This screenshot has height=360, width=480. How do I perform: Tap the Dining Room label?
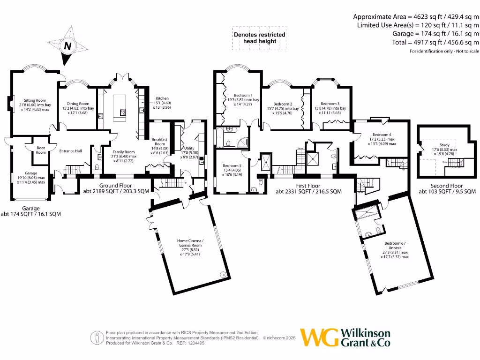coord(78,104)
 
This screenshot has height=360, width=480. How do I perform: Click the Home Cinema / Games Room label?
coord(189,242)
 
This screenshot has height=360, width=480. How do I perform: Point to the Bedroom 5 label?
coord(232,165)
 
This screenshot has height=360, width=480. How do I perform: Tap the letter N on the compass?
coord(68,46)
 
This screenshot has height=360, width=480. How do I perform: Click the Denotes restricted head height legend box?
coord(259,38)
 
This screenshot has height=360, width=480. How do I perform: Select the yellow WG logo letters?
coord(319,337)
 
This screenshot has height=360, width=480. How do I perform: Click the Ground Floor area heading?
coord(115,186)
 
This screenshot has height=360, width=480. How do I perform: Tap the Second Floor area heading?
coord(447,186)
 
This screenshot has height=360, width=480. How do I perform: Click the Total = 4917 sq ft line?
coord(435,42)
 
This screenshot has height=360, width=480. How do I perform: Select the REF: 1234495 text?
coord(189,343)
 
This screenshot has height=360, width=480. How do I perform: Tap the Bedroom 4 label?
coord(375,135)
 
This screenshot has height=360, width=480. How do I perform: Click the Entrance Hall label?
coord(71,151)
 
